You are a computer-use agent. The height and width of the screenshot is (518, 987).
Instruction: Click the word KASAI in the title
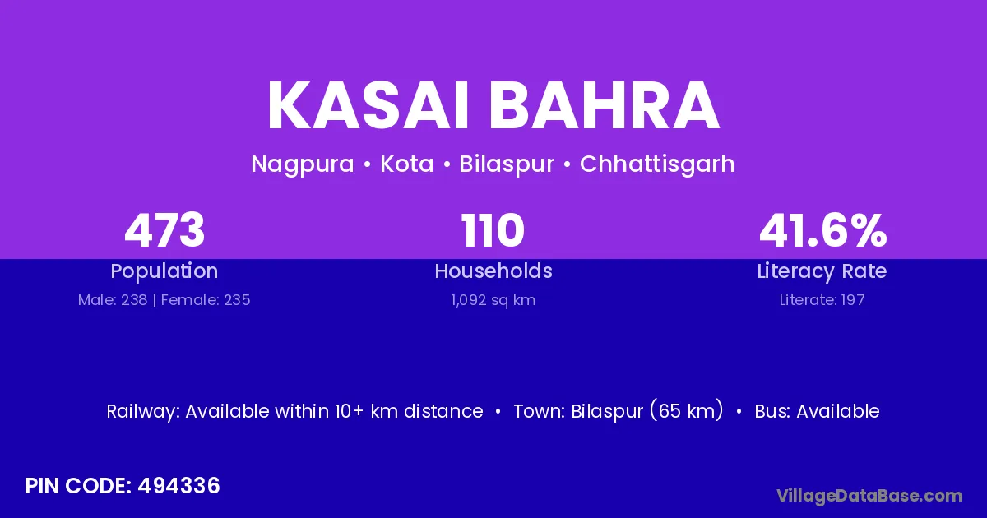[x=368, y=105]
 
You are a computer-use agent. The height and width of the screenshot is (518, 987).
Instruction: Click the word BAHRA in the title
[x=605, y=105]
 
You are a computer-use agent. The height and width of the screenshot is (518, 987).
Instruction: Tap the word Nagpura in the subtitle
[x=303, y=164]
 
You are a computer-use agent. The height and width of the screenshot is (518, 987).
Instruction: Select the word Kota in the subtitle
[x=406, y=164]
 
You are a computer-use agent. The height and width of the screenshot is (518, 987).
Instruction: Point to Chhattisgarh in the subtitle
[x=657, y=164]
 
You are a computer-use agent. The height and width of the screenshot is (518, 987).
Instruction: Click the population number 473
[x=164, y=230]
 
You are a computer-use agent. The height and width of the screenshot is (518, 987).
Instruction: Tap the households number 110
[x=493, y=230]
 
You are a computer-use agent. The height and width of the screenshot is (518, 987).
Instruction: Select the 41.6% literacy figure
[x=822, y=230]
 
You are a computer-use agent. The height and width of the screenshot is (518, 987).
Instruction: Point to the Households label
[x=493, y=271]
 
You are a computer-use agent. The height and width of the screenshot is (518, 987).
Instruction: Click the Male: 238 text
[x=113, y=300]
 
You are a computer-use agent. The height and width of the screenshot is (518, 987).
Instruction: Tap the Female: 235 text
[x=206, y=300]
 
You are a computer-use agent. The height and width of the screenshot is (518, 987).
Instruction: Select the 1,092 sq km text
[x=493, y=300]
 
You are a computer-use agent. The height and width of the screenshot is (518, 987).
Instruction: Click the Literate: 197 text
[x=822, y=300]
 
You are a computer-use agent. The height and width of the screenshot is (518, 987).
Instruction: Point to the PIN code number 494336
[x=178, y=486]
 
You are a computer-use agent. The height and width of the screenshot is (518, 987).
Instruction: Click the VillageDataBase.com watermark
[x=869, y=496]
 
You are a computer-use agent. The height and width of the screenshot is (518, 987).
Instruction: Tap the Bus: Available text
[x=817, y=411]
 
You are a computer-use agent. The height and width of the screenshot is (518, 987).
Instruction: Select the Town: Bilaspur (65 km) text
[x=619, y=411]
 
